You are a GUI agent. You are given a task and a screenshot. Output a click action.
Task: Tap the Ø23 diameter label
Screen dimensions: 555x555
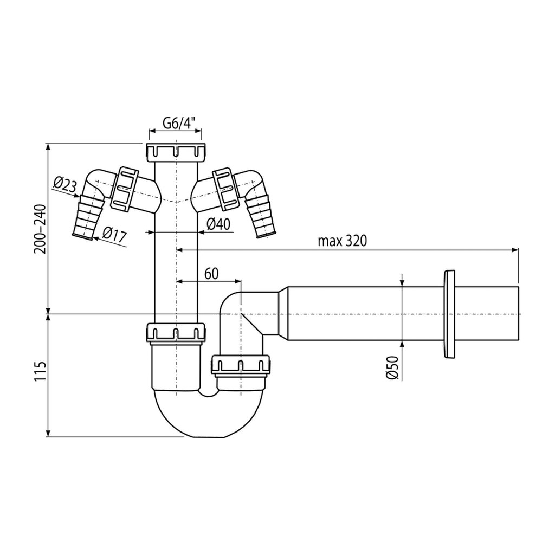(65, 184)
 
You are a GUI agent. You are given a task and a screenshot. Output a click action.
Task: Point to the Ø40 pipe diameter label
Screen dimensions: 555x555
(218, 224)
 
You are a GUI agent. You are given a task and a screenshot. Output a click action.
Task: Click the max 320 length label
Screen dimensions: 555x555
(343, 241)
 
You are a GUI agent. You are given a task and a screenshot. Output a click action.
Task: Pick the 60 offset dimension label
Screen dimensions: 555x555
(212, 274)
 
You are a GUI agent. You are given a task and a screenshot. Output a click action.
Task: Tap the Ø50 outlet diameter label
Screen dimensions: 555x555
(392, 368)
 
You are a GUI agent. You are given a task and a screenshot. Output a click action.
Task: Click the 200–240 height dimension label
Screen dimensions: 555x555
(40, 229)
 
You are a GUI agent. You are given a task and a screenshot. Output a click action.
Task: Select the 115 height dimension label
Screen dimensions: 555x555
(41, 371)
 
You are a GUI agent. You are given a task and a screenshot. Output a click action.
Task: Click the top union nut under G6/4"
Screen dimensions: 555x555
(176, 152)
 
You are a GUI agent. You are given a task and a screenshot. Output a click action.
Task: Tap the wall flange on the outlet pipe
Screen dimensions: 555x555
(448, 314)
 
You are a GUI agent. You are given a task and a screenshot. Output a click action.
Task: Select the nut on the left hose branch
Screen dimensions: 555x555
(124, 189)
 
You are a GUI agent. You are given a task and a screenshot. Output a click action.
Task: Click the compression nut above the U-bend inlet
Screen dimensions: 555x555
(176, 333)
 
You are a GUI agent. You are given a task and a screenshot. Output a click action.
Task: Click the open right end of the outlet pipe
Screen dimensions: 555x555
(518, 314)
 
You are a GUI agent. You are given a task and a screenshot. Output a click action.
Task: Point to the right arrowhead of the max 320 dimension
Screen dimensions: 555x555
(515, 250)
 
